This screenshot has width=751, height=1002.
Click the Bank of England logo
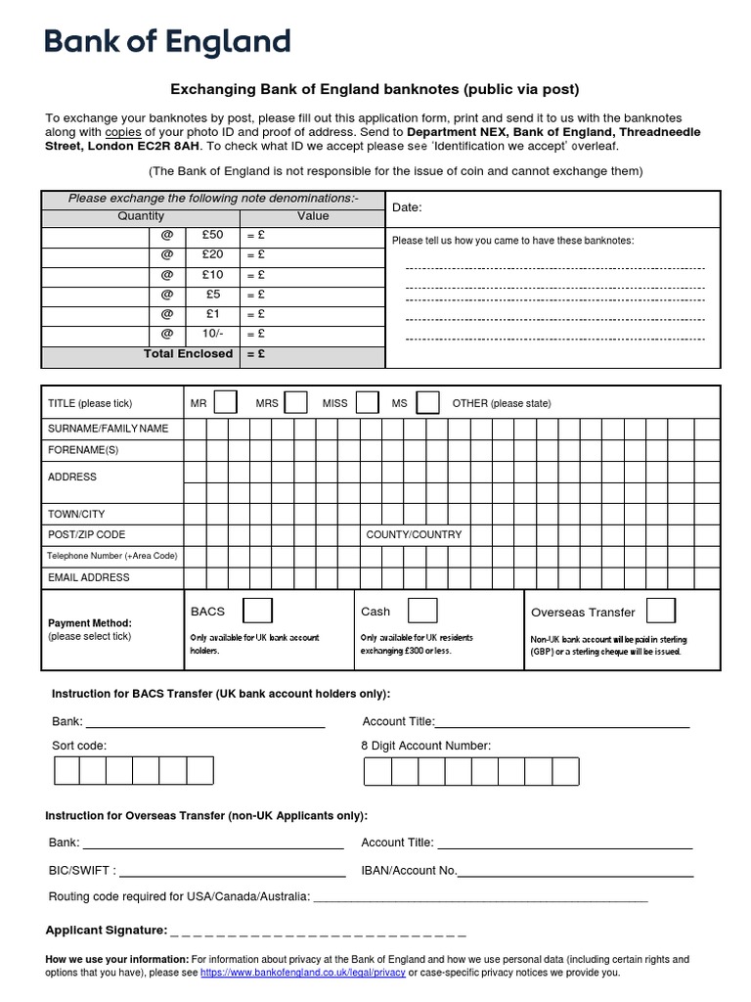point(167,43)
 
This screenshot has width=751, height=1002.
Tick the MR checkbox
point(225,403)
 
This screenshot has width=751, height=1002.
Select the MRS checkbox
point(295,403)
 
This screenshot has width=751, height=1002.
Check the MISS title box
point(367,403)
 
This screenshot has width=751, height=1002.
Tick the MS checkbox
point(427,403)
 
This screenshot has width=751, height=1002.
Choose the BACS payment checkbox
point(257,611)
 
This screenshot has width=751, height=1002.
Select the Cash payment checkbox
point(422,611)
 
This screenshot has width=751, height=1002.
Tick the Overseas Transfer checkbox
point(660,612)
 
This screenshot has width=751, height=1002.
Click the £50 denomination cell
point(212,235)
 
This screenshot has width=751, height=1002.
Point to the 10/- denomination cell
point(212,334)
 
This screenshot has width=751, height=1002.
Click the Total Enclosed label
point(188,353)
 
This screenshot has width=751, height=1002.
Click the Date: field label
point(407,207)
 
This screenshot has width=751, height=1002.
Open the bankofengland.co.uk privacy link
point(302,973)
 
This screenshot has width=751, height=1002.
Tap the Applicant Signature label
point(107,930)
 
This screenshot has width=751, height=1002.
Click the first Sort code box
point(66,771)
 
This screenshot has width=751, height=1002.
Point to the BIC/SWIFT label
point(82,870)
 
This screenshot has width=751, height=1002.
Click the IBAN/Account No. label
point(409,870)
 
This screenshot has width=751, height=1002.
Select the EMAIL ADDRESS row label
point(89,577)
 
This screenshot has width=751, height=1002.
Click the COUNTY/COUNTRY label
point(414,535)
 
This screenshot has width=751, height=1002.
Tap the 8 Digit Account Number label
point(425,746)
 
